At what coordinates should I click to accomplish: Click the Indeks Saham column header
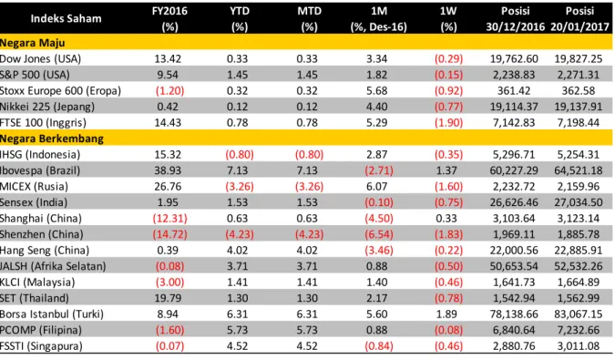point(66,18)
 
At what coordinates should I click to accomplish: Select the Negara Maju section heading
point(33,43)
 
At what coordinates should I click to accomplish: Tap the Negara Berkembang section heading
point(52,139)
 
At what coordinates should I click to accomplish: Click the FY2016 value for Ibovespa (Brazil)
point(168,170)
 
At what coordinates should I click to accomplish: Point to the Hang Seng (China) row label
point(45,251)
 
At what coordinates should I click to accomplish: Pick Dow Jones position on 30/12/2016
point(514,59)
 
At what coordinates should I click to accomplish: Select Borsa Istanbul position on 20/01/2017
point(579,314)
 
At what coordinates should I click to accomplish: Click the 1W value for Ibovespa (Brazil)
point(446,170)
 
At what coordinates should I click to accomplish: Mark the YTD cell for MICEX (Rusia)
point(240,187)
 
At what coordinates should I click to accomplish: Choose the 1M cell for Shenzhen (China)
point(378,234)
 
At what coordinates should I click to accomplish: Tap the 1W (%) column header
point(448,18)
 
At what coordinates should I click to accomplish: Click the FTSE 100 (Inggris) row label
point(43,123)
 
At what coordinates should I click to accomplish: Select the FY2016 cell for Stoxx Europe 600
point(169,91)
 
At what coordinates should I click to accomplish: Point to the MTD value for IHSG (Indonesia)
point(309,155)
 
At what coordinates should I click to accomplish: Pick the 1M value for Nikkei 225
point(377,107)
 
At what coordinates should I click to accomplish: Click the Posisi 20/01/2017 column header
point(579,18)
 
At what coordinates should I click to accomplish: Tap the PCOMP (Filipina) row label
point(41,330)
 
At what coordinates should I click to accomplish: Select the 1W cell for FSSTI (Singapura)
point(448,346)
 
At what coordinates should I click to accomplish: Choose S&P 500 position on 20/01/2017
point(579,75)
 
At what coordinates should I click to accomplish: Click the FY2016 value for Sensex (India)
point(168,202)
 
